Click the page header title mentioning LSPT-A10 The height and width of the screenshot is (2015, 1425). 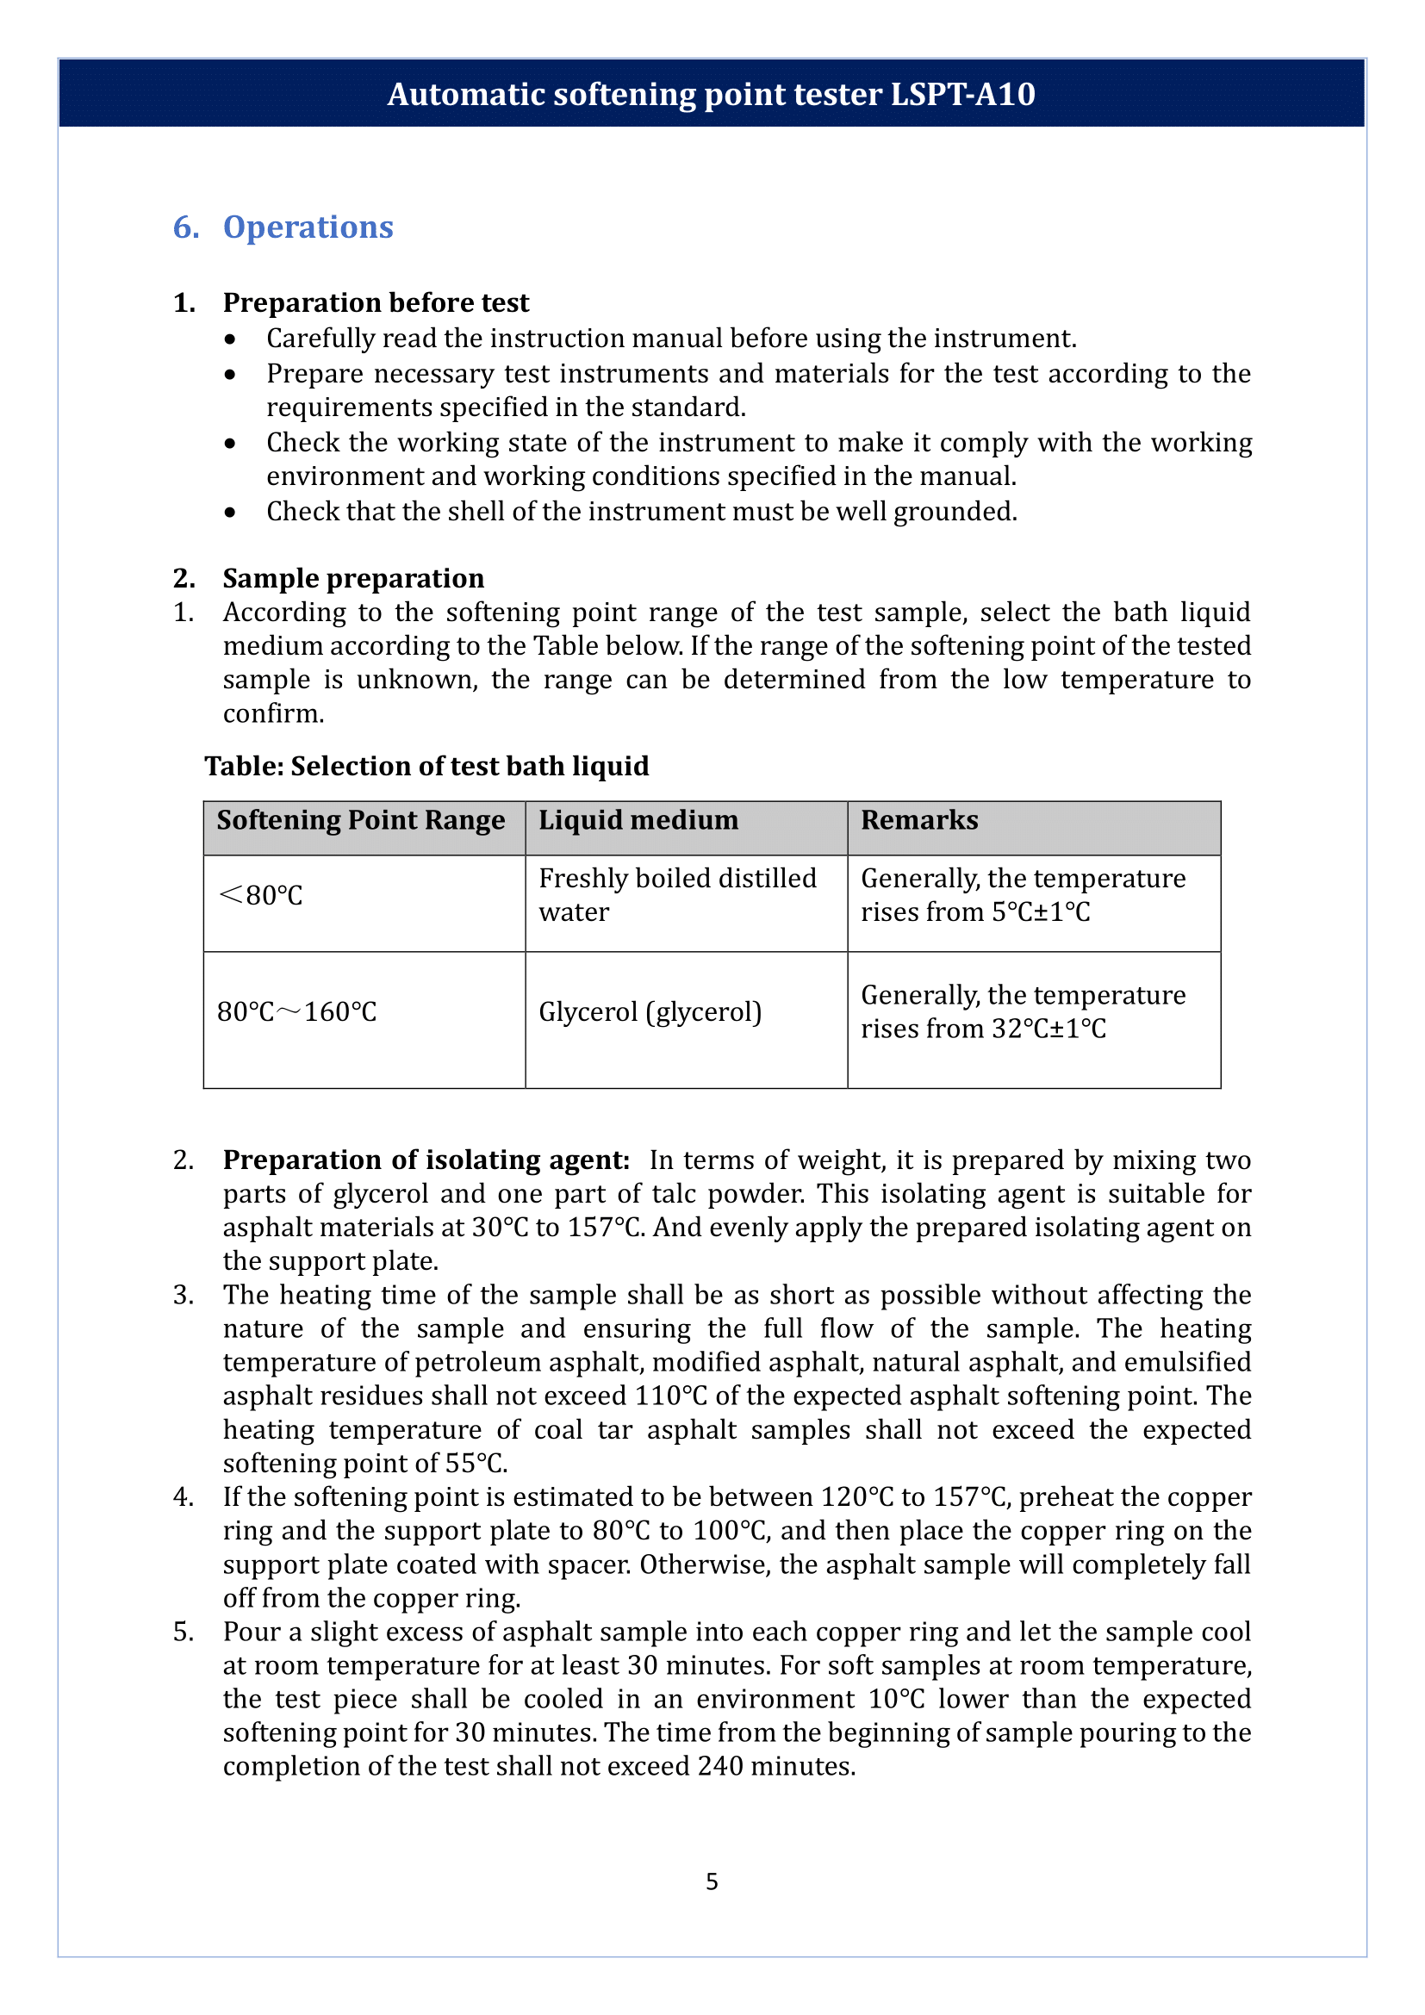[x=711, y=94]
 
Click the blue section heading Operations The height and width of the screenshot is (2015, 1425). [x=307, y=227]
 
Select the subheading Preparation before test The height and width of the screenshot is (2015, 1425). [x=376, y=302]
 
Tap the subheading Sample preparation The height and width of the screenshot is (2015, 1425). [x=352, y=578]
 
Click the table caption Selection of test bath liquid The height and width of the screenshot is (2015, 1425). [x=426, y=766]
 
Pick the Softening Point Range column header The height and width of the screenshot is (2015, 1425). [x=361, y=821]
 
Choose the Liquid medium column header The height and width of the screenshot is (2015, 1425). [x=638, y=821]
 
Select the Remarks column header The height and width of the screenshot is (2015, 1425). [x=918, y=821]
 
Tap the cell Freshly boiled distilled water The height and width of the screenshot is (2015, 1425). [x=677, y=895]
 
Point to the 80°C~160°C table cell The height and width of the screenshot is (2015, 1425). [x=296, y=1012]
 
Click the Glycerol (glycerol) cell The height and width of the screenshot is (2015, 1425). [x=650, y=1012]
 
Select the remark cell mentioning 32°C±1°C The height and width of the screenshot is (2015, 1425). [x=1023, y=1012]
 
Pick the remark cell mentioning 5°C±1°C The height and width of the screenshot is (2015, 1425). [x=1023, y=895]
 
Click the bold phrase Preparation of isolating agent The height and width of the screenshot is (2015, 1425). [x=426, y=1160]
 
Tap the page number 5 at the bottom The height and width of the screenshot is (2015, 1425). [x=712, y=1881]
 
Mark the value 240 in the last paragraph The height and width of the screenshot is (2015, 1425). [x=721, y=1767]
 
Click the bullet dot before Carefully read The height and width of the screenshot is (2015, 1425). [x=230, y=339]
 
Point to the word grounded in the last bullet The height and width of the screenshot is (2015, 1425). [x=954, y=512]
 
